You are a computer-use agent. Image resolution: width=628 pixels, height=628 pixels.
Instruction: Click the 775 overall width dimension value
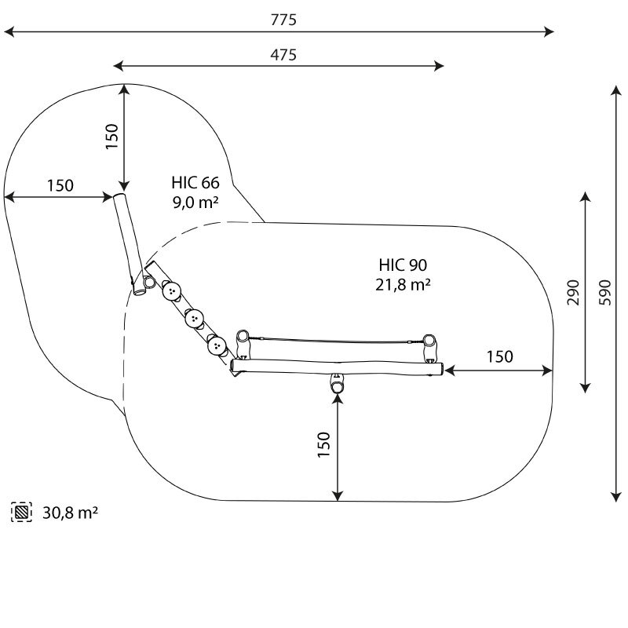283,20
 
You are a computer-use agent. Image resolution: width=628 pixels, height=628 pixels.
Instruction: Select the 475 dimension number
283,55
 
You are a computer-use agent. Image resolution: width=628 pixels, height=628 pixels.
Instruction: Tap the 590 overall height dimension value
604,293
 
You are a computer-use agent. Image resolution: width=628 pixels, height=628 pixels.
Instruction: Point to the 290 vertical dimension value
573,293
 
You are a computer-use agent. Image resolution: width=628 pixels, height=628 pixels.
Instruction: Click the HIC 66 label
195,183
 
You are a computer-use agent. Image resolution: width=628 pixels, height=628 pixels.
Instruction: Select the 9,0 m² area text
195,202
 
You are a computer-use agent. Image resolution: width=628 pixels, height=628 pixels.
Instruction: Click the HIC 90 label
403,265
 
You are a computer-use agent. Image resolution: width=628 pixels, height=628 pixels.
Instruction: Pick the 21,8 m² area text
403,284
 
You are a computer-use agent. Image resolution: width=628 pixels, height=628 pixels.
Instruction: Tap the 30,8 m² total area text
71,513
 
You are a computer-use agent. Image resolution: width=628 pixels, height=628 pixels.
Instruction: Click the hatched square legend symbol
22,512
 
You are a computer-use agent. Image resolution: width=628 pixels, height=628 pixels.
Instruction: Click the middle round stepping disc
194,319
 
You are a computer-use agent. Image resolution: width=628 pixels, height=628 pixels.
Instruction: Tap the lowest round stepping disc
217,346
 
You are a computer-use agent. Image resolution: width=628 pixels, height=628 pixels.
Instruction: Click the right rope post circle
429,340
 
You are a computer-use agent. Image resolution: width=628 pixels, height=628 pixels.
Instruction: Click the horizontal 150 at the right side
500,356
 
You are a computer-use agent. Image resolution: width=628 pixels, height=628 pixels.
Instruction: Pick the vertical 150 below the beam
323,444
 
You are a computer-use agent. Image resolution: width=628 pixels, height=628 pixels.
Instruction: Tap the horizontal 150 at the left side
60,185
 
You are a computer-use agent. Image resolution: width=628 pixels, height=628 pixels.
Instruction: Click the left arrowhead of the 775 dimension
9,31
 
